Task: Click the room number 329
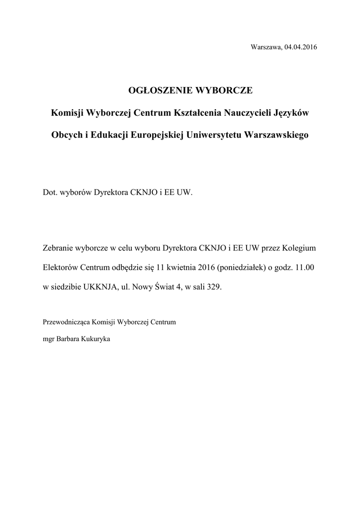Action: [217, 287]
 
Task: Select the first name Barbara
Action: [70, 339]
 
